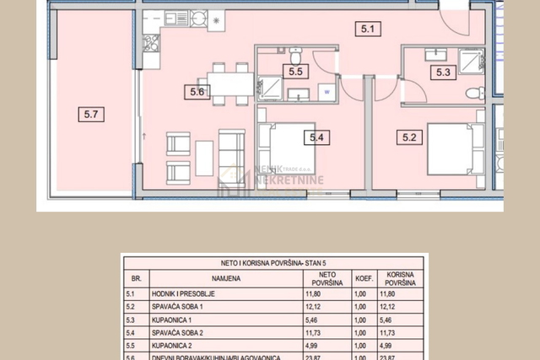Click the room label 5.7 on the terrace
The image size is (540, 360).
pos(90,113)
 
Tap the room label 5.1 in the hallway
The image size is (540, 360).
pos(367,30)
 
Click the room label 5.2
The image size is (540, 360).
pos(410,135)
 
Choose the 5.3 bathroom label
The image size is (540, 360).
pos(443,73)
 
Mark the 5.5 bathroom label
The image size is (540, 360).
pos(296,72)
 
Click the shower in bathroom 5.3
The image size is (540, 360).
pos(471,61)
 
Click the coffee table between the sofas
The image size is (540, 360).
pos(205,158)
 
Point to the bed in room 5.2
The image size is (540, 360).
pos(451,149)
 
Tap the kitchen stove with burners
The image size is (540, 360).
pos(198,18)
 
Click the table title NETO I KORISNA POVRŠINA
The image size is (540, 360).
pos(274,262)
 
